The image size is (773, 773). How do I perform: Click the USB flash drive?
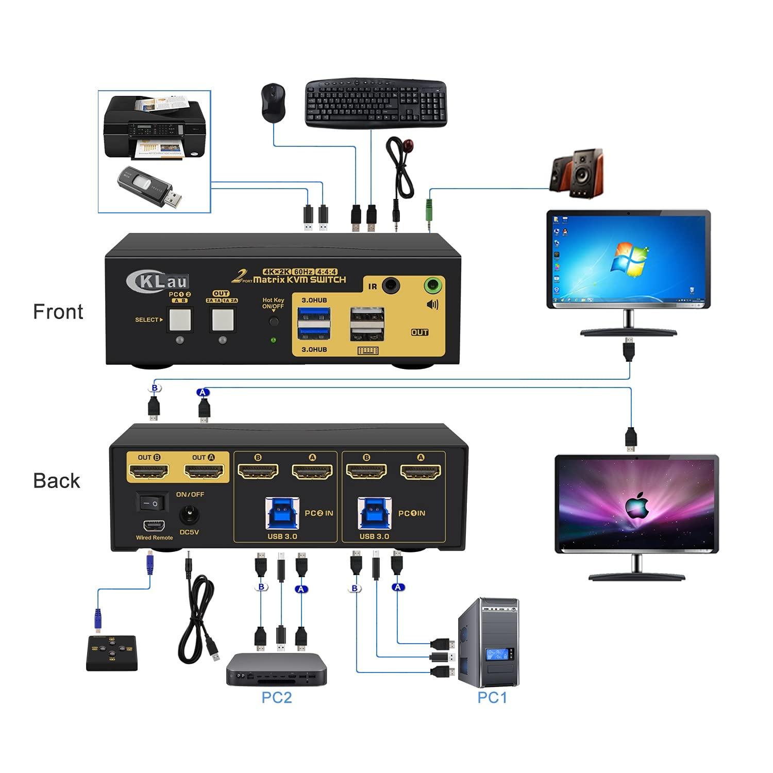coord(149,187)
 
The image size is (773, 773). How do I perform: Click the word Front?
coord(58,312)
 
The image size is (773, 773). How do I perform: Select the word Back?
coord(57,481)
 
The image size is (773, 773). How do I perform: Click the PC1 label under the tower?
coord(492,697)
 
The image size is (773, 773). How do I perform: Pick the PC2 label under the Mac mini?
coord(277,697)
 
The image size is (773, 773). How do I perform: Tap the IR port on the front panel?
coord(392,284)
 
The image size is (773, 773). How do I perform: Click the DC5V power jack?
coord(189,516)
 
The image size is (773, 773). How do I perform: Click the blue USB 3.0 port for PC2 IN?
coord(282,513)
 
